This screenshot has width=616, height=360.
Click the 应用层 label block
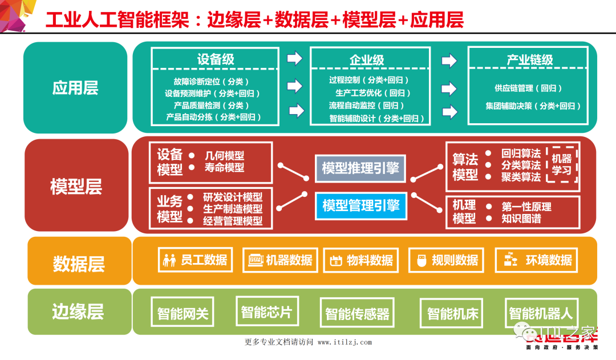point(75,87)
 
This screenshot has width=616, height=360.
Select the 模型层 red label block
point(76,186)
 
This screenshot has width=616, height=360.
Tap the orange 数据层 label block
point(79,263)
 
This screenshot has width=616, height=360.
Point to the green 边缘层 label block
point(78,312)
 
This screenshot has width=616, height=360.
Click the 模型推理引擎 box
point(360,168)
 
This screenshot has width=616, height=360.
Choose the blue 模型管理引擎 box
point(360,206)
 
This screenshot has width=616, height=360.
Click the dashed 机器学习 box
point(562,163)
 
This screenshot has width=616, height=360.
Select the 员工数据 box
point(195,260)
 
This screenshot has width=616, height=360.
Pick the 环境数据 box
point(536,260)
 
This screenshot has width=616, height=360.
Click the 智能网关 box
point(183,313)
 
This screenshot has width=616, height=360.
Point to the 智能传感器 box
point(357,313)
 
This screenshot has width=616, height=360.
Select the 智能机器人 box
point(540,313)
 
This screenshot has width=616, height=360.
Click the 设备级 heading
point(216,60)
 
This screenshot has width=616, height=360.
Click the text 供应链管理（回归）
point(528,88)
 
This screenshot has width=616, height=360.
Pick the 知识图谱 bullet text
point(521,219)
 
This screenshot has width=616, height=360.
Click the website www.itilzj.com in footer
point(345,342)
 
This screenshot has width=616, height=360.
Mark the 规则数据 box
point(447,261)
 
